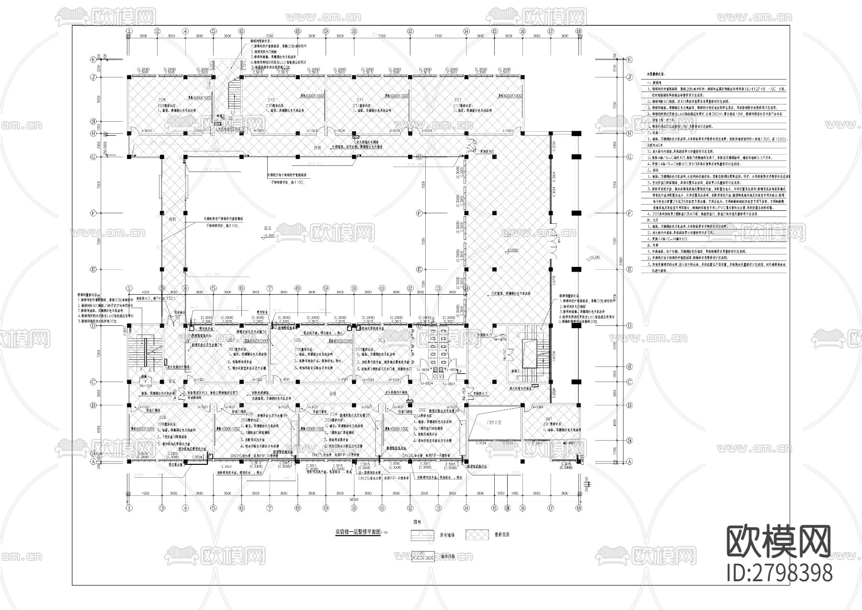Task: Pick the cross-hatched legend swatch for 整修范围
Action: click(475, 534)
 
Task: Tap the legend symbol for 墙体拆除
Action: click(423, 556)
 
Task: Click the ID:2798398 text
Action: click(779, 573)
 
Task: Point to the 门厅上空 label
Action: click(493, 422)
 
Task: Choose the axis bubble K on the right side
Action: click(629, 59)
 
